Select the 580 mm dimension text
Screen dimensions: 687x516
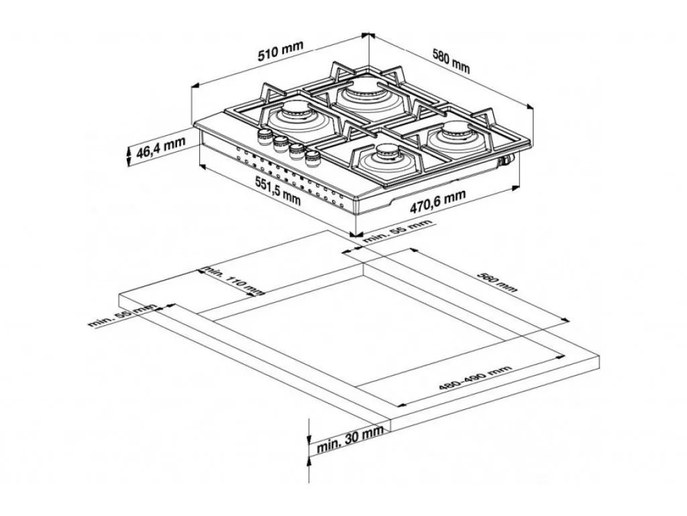coord(451,61)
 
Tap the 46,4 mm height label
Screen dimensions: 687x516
coord(161,148)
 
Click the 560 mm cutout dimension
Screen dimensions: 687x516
coord(497,282)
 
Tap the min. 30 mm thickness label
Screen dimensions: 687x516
coord(350,439)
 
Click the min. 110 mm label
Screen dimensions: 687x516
coord(233,280)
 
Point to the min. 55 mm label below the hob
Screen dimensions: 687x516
coord(397,231)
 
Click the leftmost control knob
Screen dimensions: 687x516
coord(264,136)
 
